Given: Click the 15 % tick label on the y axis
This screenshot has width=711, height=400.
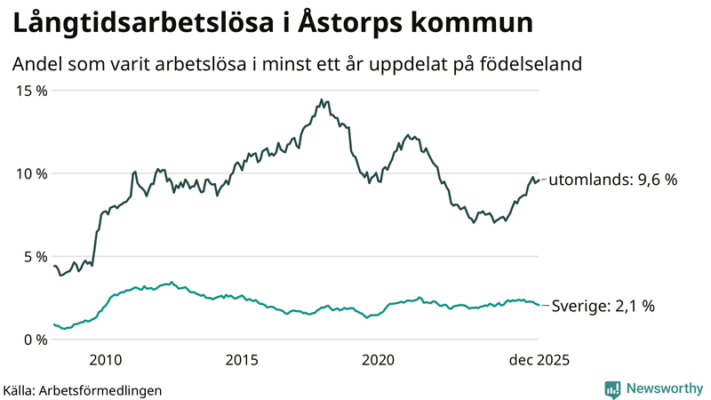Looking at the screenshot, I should click(30, 91).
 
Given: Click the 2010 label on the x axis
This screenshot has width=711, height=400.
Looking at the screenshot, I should click(105, 359).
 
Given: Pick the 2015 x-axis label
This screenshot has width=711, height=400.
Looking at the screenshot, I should click(242, 359).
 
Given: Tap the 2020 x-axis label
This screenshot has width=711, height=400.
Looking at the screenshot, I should click(379, 359).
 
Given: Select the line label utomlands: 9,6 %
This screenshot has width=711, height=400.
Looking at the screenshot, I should click(613, 180).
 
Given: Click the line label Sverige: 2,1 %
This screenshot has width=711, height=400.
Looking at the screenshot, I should click(603, 306).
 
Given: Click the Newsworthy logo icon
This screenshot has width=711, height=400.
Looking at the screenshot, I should click(612, 388).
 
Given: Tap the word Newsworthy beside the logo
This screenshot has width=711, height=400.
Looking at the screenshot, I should click(663, 388).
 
